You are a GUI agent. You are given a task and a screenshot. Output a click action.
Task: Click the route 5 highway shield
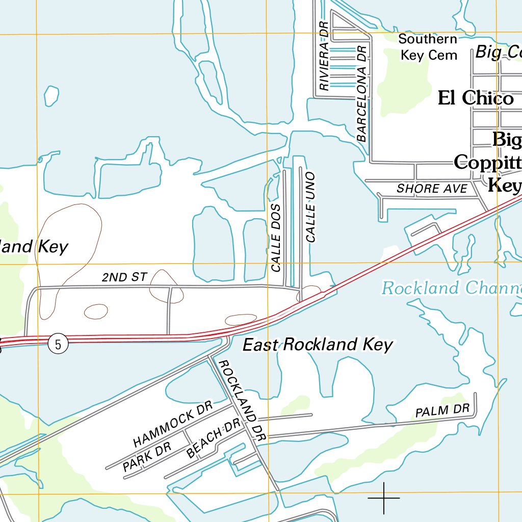pyautogui.click(x=59, y=345)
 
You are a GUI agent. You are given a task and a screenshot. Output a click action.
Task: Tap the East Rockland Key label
pyautogui.click(x=317, y=345)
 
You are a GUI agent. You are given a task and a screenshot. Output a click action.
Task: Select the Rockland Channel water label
pyautogui.click(x=451, y=289)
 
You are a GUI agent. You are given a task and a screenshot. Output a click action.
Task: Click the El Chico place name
pyautogui.click(x=476, y=98)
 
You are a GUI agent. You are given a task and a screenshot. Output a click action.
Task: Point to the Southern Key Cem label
pyautogui.click(x=428, y=47)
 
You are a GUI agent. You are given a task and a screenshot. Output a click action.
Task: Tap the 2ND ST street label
pyautogui.click(x=124, y=277)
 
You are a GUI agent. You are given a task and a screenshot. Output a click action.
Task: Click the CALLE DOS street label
pyautogui.click(x=276, y=238)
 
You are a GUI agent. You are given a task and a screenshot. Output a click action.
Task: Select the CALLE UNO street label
pyautogui.click(x=310, y=207)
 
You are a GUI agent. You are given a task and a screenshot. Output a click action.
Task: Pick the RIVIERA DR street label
pyautogui.click(x=324, y=56)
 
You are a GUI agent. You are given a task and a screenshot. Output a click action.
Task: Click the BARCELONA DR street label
pyautogui.click(x=362, y=93)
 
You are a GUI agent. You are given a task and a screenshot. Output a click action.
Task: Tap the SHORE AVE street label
pyautogui.click(x=432, y=189)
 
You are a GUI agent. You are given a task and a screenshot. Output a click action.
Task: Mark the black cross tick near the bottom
pyautogui.click(x=383, y=498)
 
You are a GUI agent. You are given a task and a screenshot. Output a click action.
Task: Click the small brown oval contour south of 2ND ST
pyautogui.click(x=96, y=310)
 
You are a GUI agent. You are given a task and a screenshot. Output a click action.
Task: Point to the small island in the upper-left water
pyautogui.click(x=51, y=96)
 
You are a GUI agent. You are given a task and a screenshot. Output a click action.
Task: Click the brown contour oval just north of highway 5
pyautogui.click(x=241, y=320)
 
